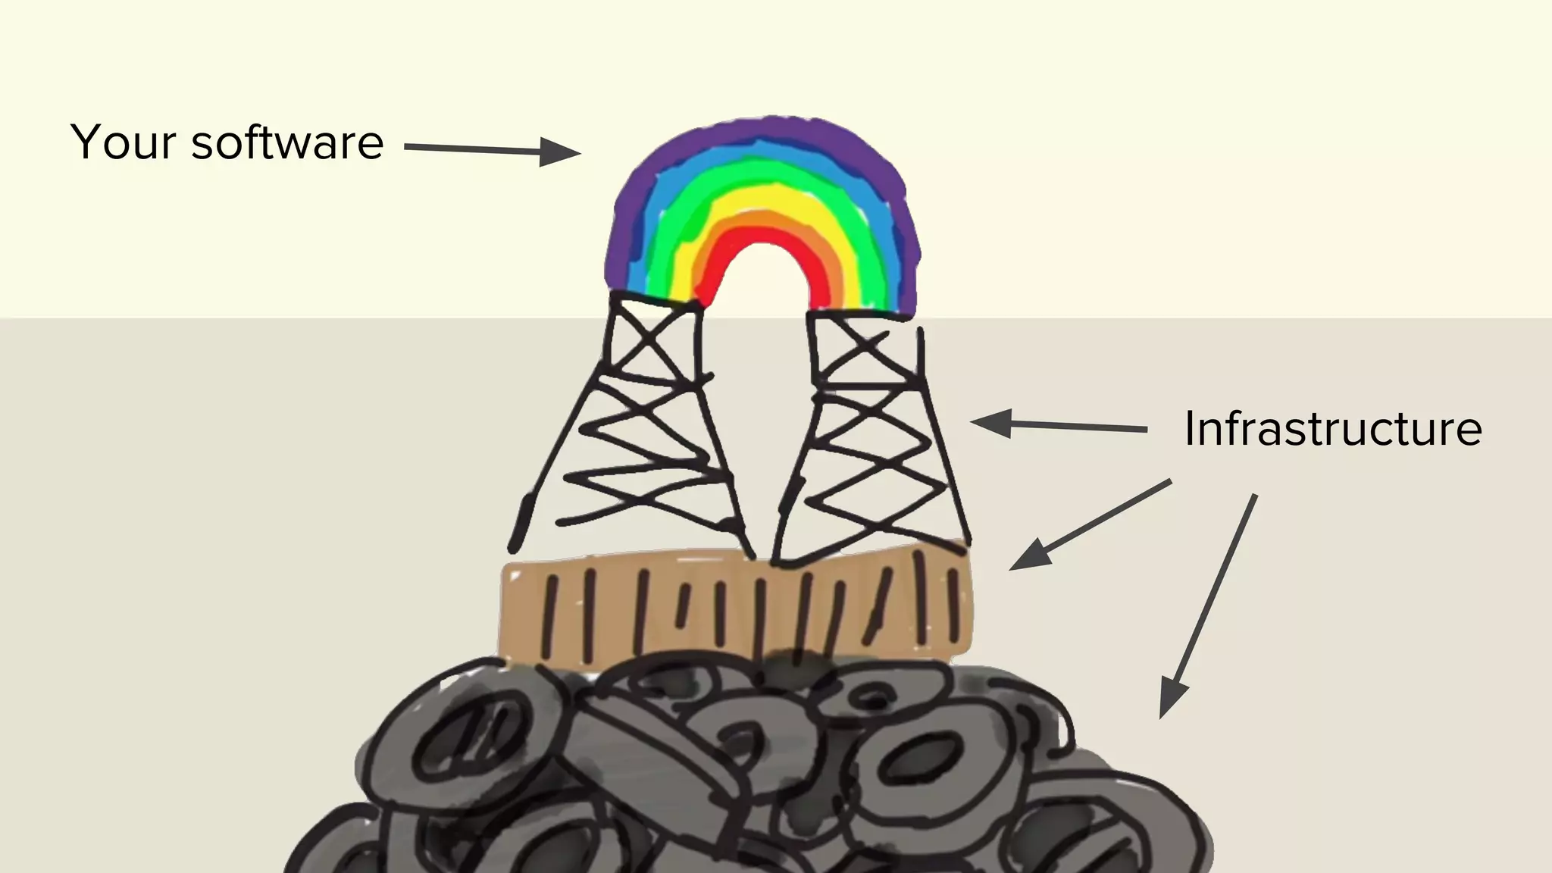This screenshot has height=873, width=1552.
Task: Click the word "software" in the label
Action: [x=288, y=142]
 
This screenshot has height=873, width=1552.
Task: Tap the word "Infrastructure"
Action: [x=1332, y=429]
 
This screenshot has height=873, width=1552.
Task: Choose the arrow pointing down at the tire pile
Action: [x=1209, y=606]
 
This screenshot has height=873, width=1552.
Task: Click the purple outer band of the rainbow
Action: [x=765, y=136]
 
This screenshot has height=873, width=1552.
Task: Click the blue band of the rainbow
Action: [x=765, y=158]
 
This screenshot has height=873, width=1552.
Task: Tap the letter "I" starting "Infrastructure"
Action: [x=1190, y=429]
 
